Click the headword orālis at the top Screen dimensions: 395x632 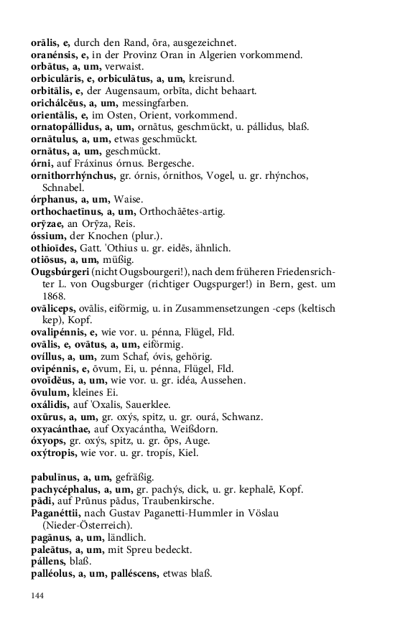click(x=45, y=42)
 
